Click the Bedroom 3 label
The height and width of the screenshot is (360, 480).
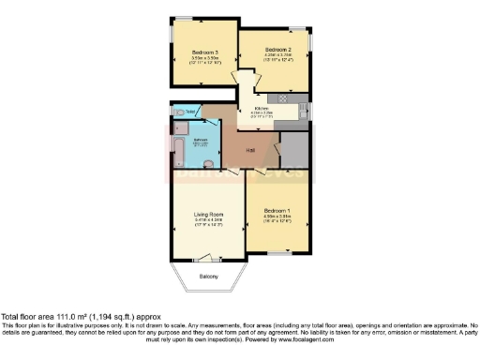click(x=204, y=52)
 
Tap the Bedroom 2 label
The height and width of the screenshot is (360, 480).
click(x=278, y=49)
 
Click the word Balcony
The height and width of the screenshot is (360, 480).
click(x=208, y=277)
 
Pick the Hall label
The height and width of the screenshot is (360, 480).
click(x=250, y=150)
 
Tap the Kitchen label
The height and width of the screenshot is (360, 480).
click(x=261, y=108)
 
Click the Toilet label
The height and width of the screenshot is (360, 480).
click(x=190, y=112)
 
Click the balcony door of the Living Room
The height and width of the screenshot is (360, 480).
click(x=208, y=258)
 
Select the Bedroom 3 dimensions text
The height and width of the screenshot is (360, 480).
click(x=204, y=60)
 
